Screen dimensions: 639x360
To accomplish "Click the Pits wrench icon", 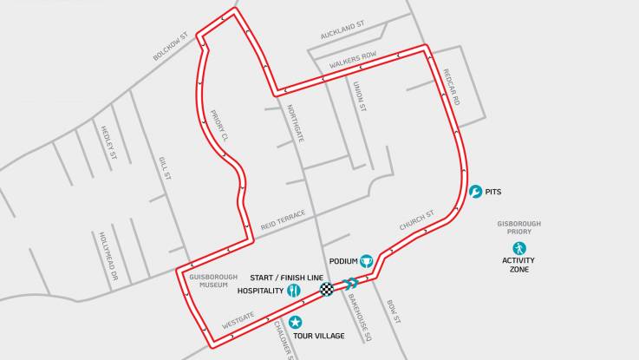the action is click(x=475, y=192).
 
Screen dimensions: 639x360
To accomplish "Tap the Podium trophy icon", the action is click(x=367, y=260).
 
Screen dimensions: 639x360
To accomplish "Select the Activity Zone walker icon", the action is click(x=518, y=247).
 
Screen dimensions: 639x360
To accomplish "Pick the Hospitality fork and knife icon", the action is click(x=294, y=291).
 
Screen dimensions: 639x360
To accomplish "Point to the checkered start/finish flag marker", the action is click(x=327, y=290).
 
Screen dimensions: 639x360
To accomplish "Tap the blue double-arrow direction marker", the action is click(x=350, y=283).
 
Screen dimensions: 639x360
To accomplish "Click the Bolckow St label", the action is click(x=171, y=47).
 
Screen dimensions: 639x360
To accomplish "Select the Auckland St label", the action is click(x=342, y=32).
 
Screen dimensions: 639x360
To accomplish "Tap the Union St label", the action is click(x=360, y=97).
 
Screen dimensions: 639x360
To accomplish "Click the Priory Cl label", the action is click(x=218, y=126).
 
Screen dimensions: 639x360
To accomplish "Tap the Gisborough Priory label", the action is click(x=518, y=227).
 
